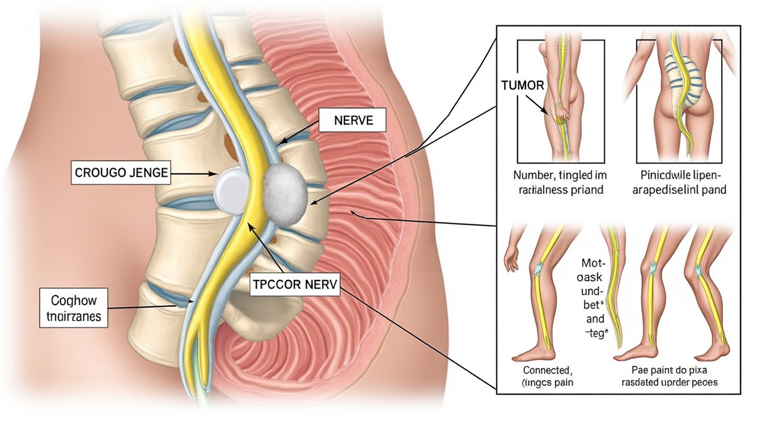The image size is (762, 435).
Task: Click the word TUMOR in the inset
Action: (x=523, y=86)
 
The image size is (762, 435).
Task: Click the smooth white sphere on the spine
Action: (x=232, y=191)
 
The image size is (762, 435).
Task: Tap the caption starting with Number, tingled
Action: (x=556, y=182)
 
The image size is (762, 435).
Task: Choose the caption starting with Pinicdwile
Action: (x=678, y=182)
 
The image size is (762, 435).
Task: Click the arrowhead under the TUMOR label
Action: (x=546, y=113)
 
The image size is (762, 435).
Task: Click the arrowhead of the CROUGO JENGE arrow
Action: (x=214, y=174)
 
